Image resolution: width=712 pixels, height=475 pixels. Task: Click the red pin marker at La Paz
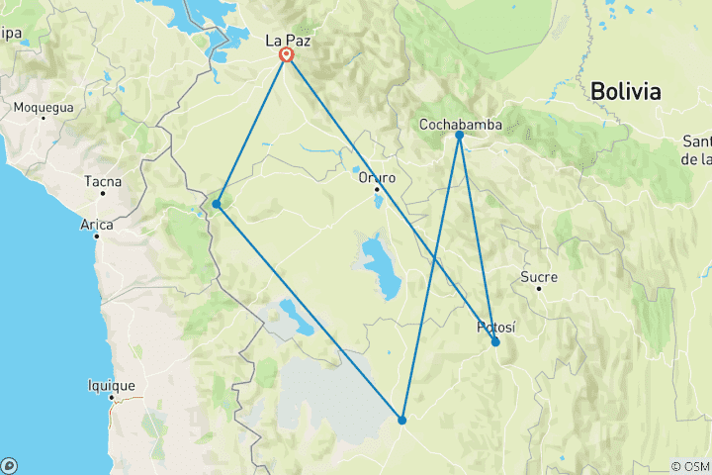click(x=287, y=55)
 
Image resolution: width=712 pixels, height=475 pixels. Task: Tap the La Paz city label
click(x=288, y=41)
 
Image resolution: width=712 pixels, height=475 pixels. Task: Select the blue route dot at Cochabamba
click(x=460, y=135)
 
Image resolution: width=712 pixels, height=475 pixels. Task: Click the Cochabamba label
click(x=460, y=124)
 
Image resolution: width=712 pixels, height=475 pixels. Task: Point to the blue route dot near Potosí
click(x=495, y=342)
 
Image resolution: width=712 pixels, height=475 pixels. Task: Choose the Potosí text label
click(x=496, y=327)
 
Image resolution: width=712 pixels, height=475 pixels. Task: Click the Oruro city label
click(x=377, y=178)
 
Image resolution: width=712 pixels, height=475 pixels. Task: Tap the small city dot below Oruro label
click(x=378, y=189)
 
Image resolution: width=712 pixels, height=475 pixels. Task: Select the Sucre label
click(x=539, y=277)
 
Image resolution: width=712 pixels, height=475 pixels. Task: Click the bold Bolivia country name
click(x=625, y=92)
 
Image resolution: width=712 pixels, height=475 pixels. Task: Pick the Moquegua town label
click(x=44, y=107)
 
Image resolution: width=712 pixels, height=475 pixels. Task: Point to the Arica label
click(x=97, y=225)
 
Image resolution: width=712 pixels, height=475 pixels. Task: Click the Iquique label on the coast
click(x=111, y=386)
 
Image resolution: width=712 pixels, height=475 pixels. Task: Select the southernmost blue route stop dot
click(x=402, y=421)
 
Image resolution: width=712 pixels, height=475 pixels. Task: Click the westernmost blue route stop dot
click(x=216, y=204)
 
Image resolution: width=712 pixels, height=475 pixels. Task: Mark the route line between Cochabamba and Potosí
click(x=478, y=238)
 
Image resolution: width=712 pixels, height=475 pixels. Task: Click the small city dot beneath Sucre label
click(x=539, y=288)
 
